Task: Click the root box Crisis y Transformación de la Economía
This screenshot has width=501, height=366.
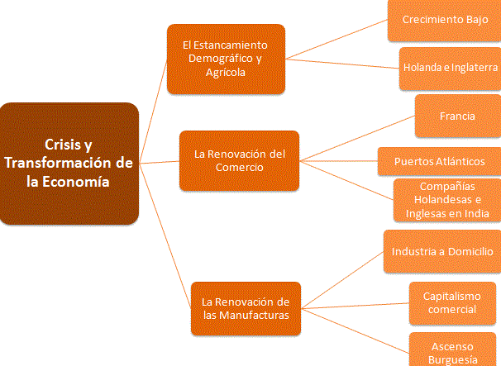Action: click(69, 164)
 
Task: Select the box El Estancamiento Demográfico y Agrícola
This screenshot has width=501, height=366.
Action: click(226, 58)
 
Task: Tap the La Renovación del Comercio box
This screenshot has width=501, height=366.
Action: click(240, 160)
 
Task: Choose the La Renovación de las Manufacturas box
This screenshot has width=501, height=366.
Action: click(246, 307)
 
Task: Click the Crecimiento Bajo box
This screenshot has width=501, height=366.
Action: click(445, 20)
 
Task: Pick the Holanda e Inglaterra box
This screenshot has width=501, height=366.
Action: click(450, 66)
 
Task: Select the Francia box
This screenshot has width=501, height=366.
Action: click(457, 116)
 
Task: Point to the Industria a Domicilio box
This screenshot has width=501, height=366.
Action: click(442, 251)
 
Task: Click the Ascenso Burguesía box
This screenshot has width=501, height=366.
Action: click(454, 351)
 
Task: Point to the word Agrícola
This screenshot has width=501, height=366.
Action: click(226, 73)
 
